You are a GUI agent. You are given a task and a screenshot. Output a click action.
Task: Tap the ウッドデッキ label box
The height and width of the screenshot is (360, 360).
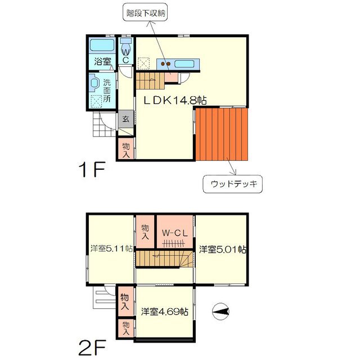(x=232, y=183)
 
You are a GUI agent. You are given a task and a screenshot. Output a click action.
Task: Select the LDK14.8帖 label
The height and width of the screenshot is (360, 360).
(x=174, y=101)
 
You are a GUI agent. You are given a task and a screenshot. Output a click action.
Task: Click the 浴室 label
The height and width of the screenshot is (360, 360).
(x=101, y=61)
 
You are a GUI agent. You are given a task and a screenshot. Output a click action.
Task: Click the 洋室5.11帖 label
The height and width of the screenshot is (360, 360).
(x=111, y=248)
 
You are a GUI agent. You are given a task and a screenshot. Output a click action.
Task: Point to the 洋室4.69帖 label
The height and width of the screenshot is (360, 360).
(x=164, y=310)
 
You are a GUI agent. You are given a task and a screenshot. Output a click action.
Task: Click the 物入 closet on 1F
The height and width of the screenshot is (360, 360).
(x=125, y=149)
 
